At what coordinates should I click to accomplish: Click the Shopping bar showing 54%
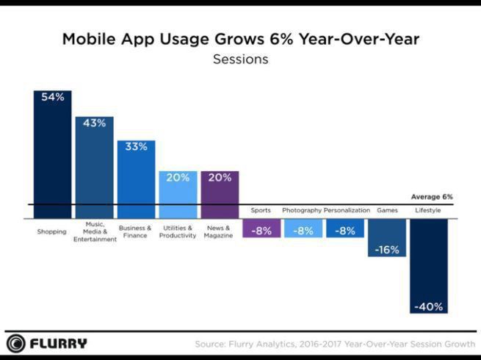tap(52, 154)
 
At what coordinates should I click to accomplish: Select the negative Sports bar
tap(261, 228)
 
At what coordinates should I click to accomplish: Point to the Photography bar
tap(303, 228)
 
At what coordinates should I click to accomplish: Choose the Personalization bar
tap(345, 228)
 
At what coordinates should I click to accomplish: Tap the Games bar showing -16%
tap(387, 238)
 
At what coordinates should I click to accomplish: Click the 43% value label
tap(94, 123)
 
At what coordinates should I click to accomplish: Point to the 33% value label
tap(136, 146)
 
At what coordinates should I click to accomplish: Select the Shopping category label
tap(52, 231)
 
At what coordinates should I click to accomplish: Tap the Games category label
tap(387, 210)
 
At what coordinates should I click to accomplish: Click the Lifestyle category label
tap(429, 210)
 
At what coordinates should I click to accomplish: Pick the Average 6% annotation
tap(432, 197)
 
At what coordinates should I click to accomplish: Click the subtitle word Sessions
tap(240, 60)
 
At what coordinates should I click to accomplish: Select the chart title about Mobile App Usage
tap(240, 40)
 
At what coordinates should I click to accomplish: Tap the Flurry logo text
tap(58, 343)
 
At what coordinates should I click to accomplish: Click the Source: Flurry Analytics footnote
tap(335, 344)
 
